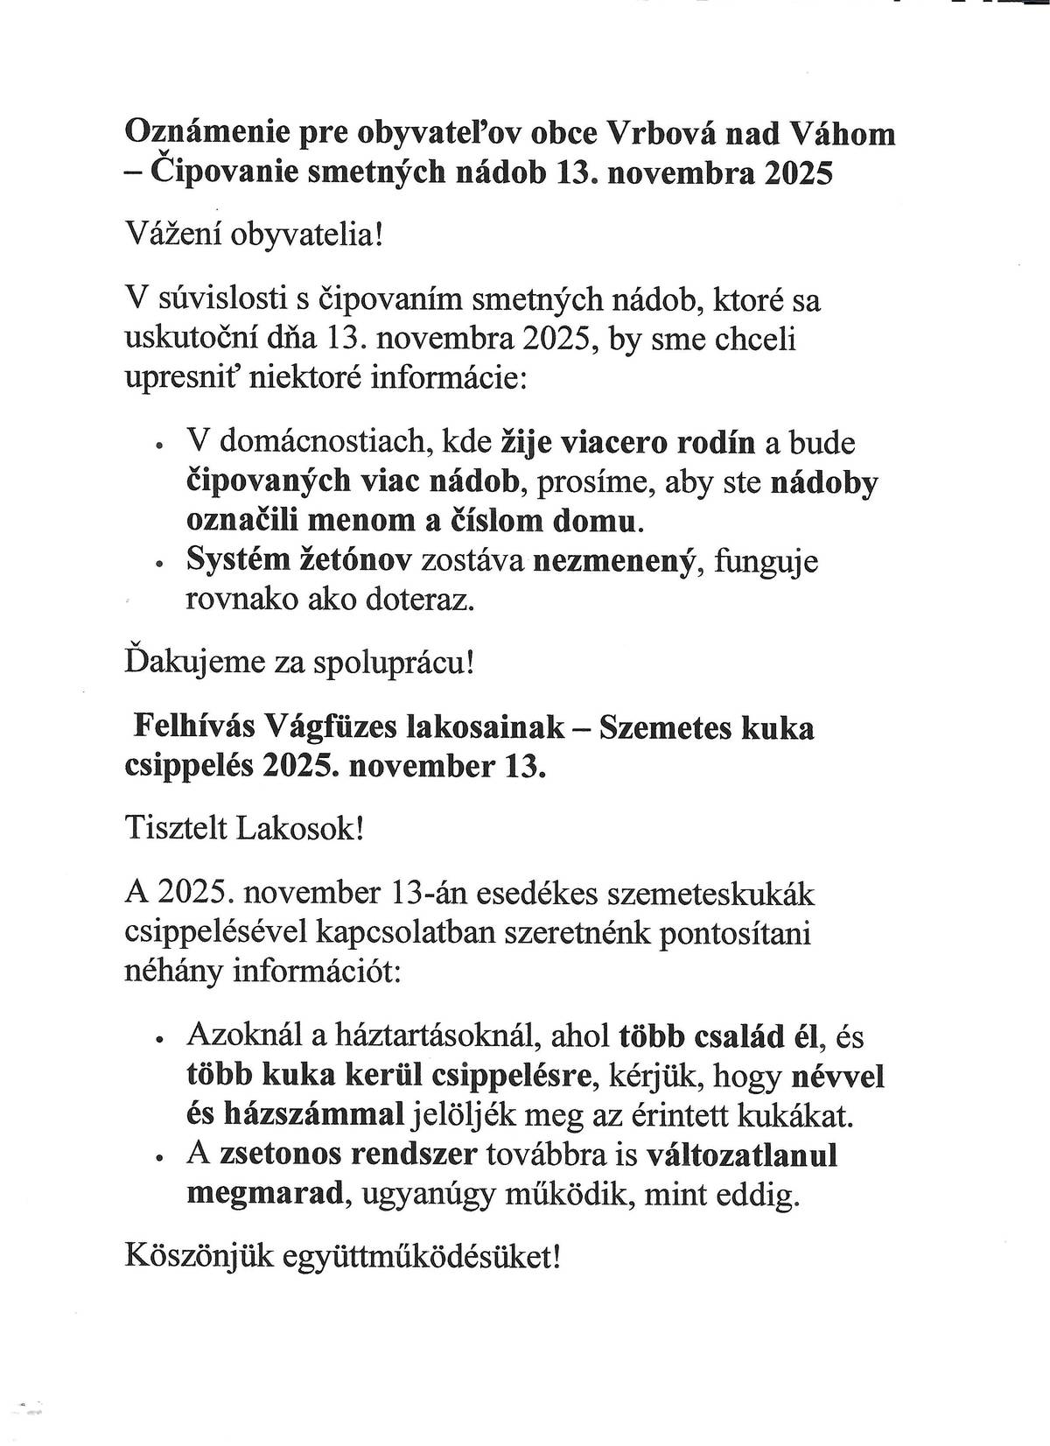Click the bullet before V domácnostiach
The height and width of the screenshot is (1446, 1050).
pos(158,446)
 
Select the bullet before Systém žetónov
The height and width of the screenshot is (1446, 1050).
pos(158,565)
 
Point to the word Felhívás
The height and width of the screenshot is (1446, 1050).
pos(193,727)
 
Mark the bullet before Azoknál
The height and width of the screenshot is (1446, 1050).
pos(158,1041)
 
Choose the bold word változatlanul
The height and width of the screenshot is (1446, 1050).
pos(741,1155)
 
